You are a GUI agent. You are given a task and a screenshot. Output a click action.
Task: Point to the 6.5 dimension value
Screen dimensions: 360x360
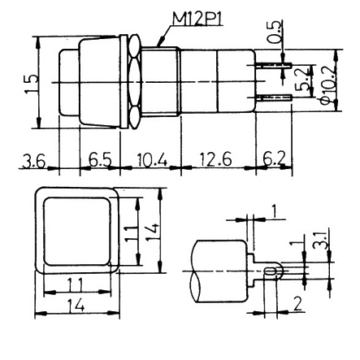pos(99,160)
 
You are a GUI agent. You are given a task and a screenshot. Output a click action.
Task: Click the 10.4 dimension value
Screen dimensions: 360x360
pos(148,160)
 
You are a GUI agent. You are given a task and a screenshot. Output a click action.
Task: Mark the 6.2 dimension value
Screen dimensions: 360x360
pos(274,160)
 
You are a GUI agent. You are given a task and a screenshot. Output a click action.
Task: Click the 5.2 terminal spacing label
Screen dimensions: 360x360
pos(301,80)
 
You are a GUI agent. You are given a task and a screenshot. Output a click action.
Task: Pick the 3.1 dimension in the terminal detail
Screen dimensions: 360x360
pos(323,241)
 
